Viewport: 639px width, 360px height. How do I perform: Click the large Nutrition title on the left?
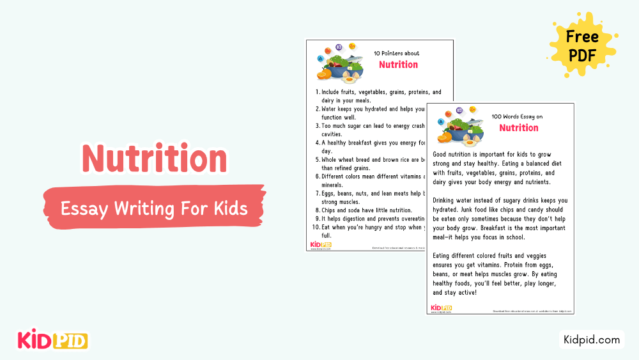click(155, 158)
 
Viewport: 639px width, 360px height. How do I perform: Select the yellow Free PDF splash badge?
click(581, 45)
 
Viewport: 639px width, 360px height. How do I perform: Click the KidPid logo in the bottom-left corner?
click(52, 340)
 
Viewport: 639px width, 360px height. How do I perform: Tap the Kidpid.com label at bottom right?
click(592, 340)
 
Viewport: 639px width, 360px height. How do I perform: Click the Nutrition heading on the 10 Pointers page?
click(398, 65)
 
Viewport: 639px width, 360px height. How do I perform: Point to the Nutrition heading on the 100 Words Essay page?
click(518, 128)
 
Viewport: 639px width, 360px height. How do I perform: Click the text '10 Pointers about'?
click(396, 54)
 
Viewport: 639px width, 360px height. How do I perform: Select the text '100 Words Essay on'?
click(516, 117)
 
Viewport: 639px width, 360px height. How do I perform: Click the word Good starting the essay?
click(440, 155)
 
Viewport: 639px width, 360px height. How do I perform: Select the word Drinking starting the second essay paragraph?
click(446, 201)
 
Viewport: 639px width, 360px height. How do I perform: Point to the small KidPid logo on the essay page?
click(441, 308)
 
